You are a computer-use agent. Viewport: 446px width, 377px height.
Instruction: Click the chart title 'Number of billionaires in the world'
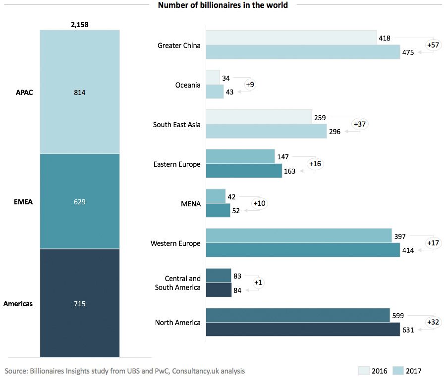223,5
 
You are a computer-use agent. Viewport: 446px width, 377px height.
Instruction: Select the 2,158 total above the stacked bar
79,24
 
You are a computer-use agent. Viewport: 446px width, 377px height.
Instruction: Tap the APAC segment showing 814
79,92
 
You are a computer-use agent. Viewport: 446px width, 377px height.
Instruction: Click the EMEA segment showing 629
79,201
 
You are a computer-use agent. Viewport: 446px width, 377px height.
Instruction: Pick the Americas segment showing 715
79,303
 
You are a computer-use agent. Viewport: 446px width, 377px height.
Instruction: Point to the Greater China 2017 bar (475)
302,52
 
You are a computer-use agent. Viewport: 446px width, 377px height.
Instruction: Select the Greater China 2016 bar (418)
291,37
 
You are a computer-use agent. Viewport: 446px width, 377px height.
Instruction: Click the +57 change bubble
433,45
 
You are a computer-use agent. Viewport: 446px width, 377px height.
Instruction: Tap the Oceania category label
188,85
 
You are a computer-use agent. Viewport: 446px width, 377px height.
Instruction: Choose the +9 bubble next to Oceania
250,85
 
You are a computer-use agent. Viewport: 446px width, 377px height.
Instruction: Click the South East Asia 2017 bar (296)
266,131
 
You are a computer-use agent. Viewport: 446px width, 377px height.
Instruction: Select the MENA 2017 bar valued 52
218,210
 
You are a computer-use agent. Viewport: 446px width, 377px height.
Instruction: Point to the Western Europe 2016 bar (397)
298,236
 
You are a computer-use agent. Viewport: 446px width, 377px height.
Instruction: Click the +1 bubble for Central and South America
258,283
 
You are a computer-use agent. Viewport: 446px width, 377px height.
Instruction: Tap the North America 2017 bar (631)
302,330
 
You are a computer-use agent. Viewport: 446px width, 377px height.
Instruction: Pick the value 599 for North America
398,315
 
